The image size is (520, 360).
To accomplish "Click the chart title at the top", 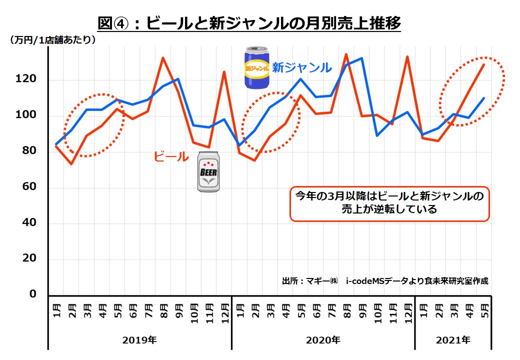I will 249,22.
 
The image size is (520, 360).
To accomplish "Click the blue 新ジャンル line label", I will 301,67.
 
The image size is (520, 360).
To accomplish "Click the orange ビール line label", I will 171,156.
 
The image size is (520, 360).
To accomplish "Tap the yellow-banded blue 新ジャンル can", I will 257,68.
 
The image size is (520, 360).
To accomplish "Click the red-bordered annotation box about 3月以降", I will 389,203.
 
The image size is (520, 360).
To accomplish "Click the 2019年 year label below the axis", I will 139,340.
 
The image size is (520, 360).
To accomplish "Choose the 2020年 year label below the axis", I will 323,340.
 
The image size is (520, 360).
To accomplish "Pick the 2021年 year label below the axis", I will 453,340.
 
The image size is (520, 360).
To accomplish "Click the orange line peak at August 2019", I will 163,57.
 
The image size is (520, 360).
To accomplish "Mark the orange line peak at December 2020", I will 407,56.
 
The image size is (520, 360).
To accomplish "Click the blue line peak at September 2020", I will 361,58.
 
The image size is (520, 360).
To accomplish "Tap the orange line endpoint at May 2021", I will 484,64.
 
